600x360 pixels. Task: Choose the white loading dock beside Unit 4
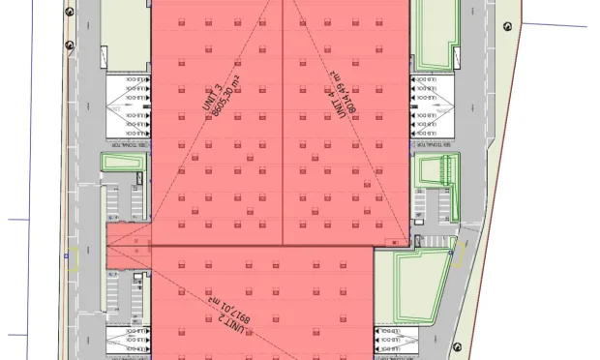(x=433, y=105)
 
